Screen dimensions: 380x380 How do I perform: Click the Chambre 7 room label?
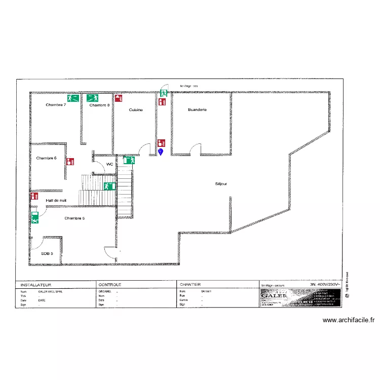coord(56,105)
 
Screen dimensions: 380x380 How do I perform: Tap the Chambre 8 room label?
coord(99,105)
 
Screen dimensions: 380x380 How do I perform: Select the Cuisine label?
coord(136,110)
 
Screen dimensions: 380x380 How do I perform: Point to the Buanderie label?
coord(197,110)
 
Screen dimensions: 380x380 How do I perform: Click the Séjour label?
coord(221,184)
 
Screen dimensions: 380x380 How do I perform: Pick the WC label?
coord(109,164)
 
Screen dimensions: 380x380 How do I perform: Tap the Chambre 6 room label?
coord(46,158)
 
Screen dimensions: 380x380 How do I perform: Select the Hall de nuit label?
coord(56,200)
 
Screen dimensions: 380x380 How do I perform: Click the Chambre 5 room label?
coord(74,218)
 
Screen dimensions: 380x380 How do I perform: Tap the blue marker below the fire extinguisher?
coord(161,151)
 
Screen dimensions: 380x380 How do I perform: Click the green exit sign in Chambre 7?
coord(72,98)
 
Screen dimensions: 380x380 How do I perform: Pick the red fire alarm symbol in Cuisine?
coord(118,98)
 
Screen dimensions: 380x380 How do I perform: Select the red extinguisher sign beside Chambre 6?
coord(70,162)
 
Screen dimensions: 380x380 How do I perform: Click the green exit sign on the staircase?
coord(108,186)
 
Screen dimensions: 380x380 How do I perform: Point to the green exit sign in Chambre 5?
coord(35,218)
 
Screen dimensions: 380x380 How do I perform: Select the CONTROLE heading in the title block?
coord(109,285)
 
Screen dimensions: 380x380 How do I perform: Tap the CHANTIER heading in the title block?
coord(190,285)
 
